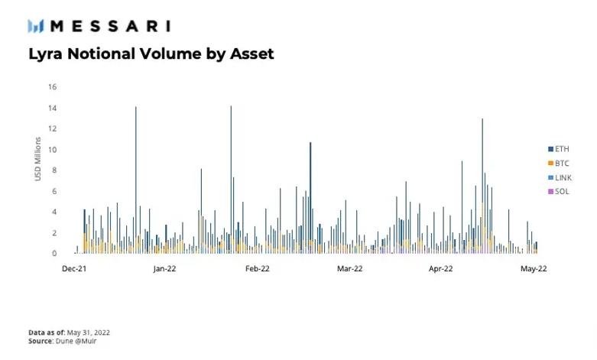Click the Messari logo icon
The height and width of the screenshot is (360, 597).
click(x=36, y=26)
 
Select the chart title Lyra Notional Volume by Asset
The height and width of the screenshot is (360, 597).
click(x=151, y=54)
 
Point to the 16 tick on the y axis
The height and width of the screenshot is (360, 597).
click(x=53, y=87)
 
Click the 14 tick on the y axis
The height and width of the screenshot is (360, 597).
click(x=53, y=108)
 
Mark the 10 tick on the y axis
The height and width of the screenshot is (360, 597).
click(x=53, y=150)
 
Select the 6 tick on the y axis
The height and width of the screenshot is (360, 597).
click(x=54, y=191)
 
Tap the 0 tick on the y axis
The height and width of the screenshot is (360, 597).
click(x=54, y=254)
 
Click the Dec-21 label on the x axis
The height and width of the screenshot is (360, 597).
click(x=74, y=269)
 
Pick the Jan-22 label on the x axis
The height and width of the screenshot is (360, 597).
click(x=165, y=269)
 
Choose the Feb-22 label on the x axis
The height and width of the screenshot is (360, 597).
click(x=258, y=269)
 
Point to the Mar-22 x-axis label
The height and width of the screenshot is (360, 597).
click(x=349, y=269)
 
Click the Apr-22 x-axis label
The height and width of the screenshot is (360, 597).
click(x=441, y=269)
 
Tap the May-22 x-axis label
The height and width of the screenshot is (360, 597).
click(x=534, y=269)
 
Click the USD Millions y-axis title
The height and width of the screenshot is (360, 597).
click(x=38, y=159)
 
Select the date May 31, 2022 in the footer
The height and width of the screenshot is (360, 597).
click(x=89, y=332)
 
